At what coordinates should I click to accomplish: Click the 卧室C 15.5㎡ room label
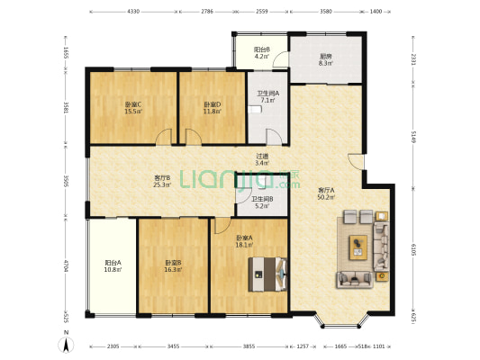pos(132,108)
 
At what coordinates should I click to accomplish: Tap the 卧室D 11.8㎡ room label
pos(213,108)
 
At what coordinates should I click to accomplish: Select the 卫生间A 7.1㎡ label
pos(267,97)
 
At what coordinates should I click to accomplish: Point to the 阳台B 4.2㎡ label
pos(262,53)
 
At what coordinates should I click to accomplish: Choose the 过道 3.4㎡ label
pos(262,158)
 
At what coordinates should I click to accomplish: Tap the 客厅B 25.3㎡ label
pos(162,182)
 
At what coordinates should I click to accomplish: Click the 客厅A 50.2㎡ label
pos(326,193)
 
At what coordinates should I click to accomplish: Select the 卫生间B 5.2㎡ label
pos(262,202)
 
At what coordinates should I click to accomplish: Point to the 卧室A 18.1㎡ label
pos(244,242)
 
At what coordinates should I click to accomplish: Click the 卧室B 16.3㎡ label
pos(174,267)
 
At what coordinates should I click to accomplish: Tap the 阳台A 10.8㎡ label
pos(113,267)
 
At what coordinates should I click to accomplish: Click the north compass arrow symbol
pos(67,342)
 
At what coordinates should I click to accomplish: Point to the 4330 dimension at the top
pos(133,13)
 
